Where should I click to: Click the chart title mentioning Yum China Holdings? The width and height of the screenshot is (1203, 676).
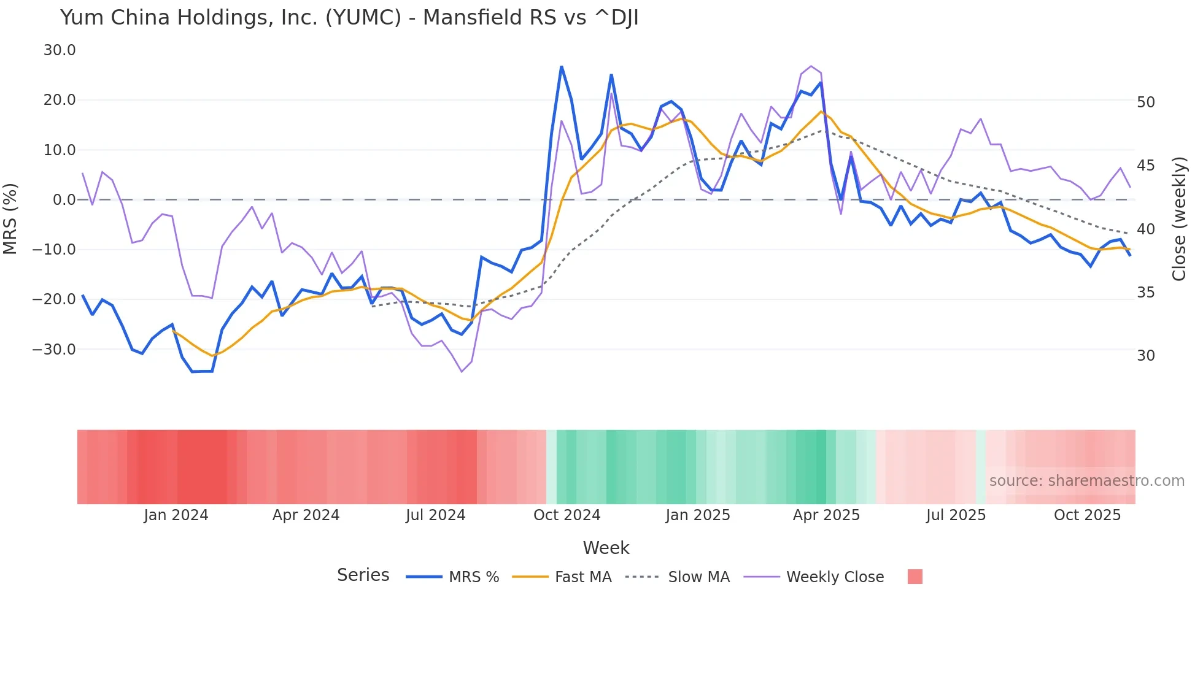click(x=349, y=18)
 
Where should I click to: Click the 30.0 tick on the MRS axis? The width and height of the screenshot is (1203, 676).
click(x=60, y=50)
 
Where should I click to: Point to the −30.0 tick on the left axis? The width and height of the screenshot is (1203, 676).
click(x=54, y=350)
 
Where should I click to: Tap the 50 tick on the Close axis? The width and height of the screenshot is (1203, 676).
click(x=1145, y=102)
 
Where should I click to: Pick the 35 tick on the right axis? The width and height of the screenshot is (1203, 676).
click(x=1145, y=293)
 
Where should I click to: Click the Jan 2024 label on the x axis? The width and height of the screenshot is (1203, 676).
click(x=176, y=515)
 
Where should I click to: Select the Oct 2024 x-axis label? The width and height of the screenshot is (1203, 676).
click(x=567, y=515)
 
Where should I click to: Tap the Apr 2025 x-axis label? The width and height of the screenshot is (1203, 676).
click(x=826, y=515)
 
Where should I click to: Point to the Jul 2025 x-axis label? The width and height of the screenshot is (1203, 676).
click(x=956, y=515)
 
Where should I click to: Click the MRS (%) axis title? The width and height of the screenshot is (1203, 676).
click(x=10, y=218)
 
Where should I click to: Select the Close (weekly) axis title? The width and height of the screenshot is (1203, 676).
click(x=1179, y=219)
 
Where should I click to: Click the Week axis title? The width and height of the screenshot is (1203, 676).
click(x=606, y=548)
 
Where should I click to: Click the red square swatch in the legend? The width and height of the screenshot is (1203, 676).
click(x=915, y=577)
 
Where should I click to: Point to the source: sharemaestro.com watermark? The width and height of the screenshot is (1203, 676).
click(x=1086, y=481)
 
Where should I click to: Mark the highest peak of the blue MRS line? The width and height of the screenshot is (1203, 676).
click(x=561, y=66)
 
